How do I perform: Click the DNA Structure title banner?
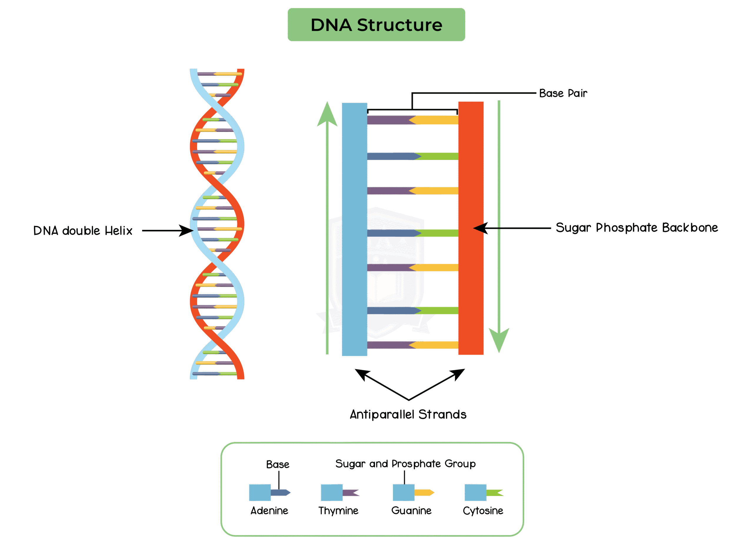(376, 25)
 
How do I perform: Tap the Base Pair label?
(563, 93)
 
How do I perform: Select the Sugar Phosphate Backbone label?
(637, 228)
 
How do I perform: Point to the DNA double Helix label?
(83, 231)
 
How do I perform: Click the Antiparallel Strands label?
(408, 414)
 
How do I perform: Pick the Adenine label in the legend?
(269, 510)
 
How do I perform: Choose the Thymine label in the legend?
(338, 510)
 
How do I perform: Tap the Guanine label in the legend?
(412, 510)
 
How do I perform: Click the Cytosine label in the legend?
(483, 510)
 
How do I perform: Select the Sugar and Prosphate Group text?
(405, 464)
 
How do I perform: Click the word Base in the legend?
(278, 464)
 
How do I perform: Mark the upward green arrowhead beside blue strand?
(327, 115)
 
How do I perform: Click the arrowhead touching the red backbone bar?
(480, 228)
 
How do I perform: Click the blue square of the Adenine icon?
(260, 492)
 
